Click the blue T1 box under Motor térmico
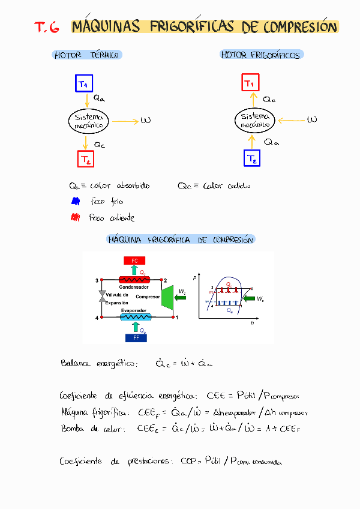tap(84, 83)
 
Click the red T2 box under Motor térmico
tap(86, 159)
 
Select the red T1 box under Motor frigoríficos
tap(250, 83)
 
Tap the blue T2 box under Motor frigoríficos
tap(253, 158)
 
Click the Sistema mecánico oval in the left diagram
tap(88, 121)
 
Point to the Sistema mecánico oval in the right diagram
tap(254, 120)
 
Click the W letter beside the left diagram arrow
tap(145, 120)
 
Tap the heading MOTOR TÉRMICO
tap(88, 55)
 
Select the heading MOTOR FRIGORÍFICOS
tap(261, 55)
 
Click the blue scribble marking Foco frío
tap(75, 202)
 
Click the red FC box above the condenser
tap(134, 261)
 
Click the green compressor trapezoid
tap(168, 298)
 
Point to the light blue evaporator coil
tap(137, 317)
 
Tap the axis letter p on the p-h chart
tap(194, 278)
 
